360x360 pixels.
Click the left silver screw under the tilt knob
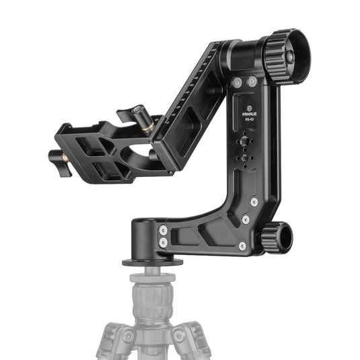237,81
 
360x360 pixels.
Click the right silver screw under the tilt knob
252,81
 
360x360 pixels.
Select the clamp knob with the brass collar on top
139,112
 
